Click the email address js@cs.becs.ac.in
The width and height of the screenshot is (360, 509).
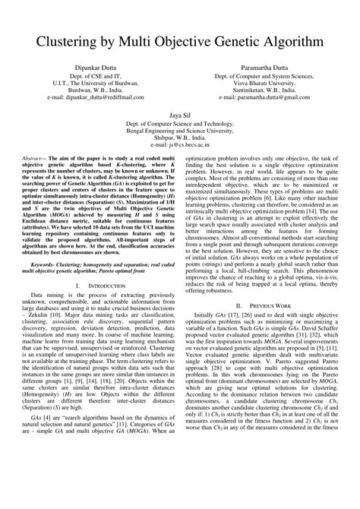(x=179, y=144)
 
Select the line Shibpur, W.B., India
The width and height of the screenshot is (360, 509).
(x=179, y=137)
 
